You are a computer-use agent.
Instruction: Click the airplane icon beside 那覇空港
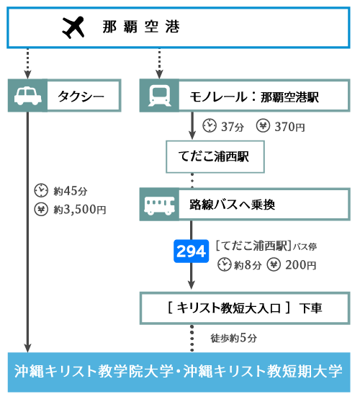pyautogui.click(x=73, y=27)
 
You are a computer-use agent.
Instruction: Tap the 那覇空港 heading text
pyautogui.click(x=141, y=27)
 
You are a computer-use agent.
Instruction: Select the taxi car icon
pyautogui.click(x=27, y=96)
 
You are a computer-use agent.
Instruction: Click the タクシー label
pyautogui.click(x=81, y=97)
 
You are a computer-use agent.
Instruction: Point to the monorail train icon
pyautogui.click(x=159, y=96)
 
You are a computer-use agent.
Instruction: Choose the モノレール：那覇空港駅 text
pyautogui.click(x=254, y=97)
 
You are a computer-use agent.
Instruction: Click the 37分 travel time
pyautogui.click(x=232, y=127)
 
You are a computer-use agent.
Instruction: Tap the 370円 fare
pyautogui.click(x=289, y=127)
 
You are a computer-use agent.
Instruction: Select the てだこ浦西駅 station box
pyautogui.click(x=215, y=156)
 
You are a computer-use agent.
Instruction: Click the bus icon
pyautogui.click(x=159, y=205)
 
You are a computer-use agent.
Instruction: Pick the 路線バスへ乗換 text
pyautogui.click(x=232, y=205)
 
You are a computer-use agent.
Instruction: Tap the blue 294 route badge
pyautogui.click(x=191, y=251)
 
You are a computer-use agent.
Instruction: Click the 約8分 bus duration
pyautogui.click(x=248, y=265)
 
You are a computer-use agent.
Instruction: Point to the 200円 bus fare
pyautogui.click(x=300, y=265)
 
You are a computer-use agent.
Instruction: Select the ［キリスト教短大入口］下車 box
pyautogui.click(x=245, y=308)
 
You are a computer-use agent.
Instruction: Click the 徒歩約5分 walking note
pyautogui.click(x=234, y=338)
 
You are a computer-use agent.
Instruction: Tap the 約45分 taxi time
pyautogui.click(x=71, y=191)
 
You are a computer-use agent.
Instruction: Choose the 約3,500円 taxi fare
pyautogui.click(x=80, y=210)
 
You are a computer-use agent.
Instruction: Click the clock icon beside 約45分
pyautogui.click(x=41, y=190)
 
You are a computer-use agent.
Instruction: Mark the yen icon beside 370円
pyautogui.click(x=263, y=125)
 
